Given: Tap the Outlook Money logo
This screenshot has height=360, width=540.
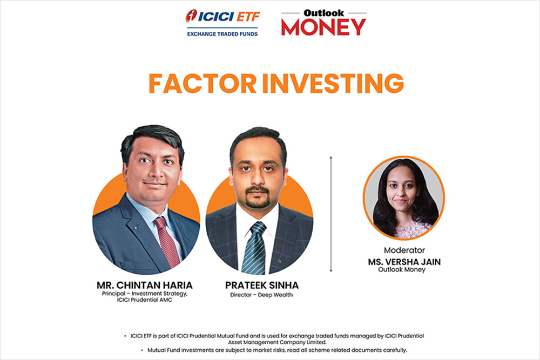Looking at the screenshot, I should pos(323,24).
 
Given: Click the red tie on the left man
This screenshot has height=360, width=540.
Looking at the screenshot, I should pos(166,241).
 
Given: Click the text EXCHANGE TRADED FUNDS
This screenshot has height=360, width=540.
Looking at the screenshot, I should pos(222,33).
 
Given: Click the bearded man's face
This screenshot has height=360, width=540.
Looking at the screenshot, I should pos(258,173).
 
